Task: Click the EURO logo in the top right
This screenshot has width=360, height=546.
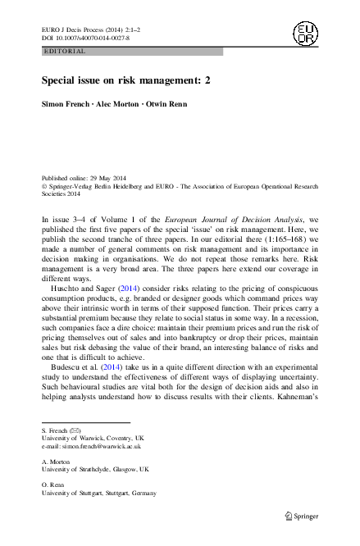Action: pos(305,34)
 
